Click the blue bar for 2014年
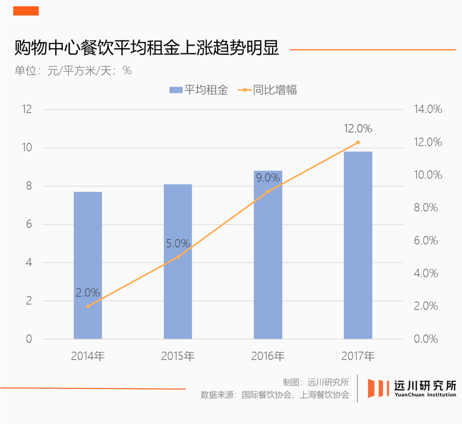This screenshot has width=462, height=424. tap(88, 265)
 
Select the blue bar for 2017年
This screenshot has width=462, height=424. tap(358, 245)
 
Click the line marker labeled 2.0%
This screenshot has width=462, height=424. tap(88, 306)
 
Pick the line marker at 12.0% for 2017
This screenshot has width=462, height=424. tap(358, 142)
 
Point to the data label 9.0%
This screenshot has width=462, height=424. tap(268, 178)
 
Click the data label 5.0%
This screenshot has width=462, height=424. tap(178, 243)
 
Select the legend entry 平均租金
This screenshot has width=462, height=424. tap(198, 90)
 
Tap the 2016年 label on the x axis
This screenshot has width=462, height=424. tap(268, 356)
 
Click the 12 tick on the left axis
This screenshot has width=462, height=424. tap(27, 109)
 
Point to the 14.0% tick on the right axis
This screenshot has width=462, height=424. tap(428, 109)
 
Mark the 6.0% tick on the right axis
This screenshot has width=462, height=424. tap(426, 241)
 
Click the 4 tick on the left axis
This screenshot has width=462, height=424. tap(29, 263)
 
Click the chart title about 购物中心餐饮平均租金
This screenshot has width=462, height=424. tap(147, 48)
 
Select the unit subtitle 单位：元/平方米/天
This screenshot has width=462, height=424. tap(73, 71)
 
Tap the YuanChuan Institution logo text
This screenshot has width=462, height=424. tap(425, 395)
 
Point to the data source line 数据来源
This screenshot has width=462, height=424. tap(275, 395)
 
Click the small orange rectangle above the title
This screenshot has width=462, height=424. tap(26, 11)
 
